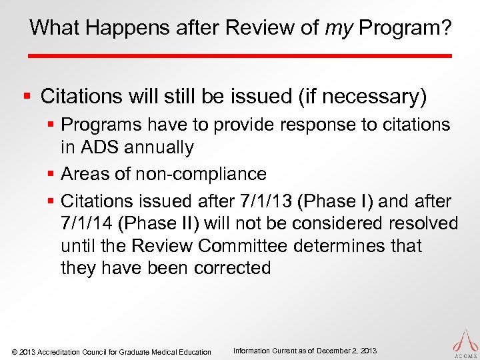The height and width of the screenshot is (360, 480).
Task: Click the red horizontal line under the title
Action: [x=240, y=55]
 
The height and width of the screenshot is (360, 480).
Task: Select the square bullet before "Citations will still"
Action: [x=27, y=97]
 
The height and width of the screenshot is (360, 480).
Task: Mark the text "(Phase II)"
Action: [x=163, y=223]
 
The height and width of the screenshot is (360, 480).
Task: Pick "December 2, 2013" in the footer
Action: [x=346, y=351]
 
